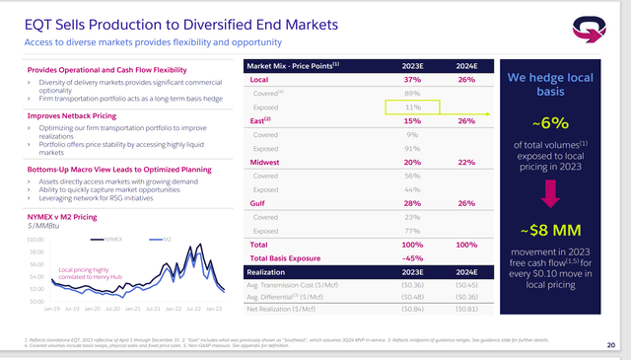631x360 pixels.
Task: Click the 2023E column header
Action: [x=412, y=66]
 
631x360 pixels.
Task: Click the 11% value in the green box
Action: [x=413, y=108]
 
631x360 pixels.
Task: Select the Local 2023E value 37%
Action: [x=412, y=80]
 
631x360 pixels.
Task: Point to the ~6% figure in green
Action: [x=555, y=123]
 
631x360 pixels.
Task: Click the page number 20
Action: [x=611, y=344]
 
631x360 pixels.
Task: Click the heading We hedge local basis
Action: [x=555, y=84]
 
